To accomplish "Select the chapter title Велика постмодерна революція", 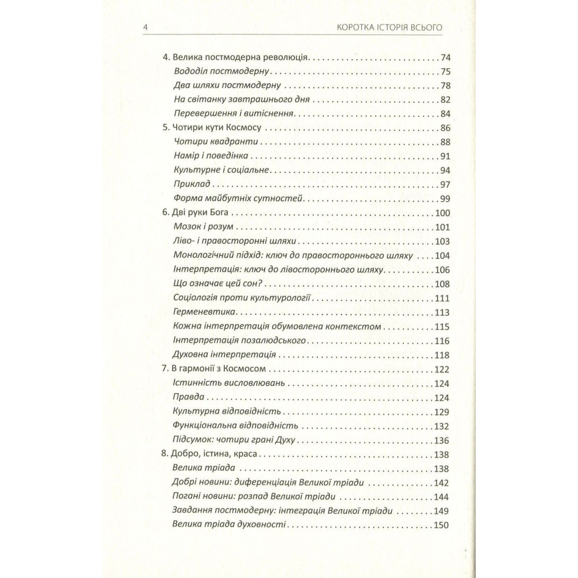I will click(x=235, y=58).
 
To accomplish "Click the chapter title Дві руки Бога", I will click(x=198, y=213).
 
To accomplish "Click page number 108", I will click(x=442, y=284).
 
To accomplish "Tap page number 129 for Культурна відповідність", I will click(x=442, y=412).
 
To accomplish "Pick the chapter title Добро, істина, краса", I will click(x=212, y=454).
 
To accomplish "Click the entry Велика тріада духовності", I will click(x=229, y=524).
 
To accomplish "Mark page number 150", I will click(x=442, y=524).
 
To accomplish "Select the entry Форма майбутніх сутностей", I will click(x=238, y=199).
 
